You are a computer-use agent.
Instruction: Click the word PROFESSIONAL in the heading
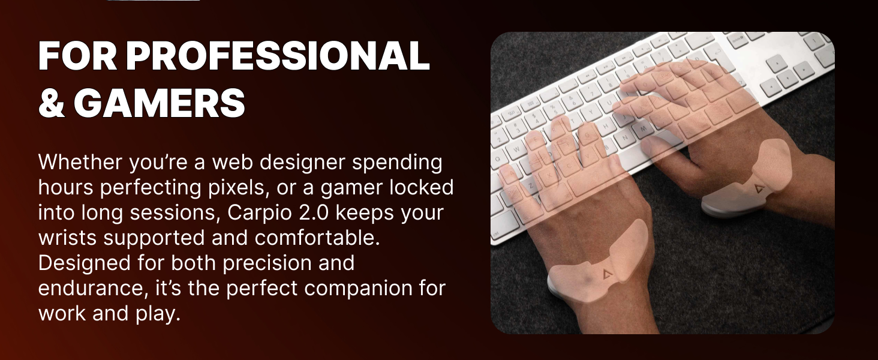(x=278, y=57)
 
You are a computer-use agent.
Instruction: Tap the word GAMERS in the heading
(x=160, y=103)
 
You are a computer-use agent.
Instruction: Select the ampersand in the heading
(x=52, y=103)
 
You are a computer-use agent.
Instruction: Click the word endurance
(x=88, y=289)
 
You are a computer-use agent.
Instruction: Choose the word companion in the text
(x=339, y=289)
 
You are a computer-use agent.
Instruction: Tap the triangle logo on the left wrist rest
(x=607, y=275)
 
